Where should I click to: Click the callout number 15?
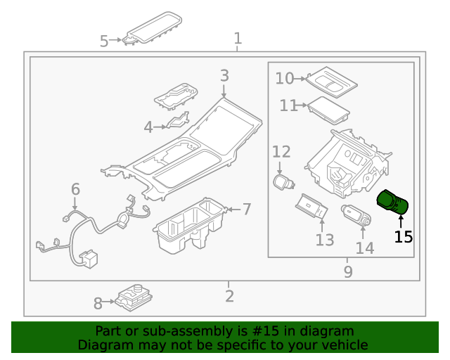pyautogui.click(x=404, y=237)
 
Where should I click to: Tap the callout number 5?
pyautogui.click(x=104, y=41)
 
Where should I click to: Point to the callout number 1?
pyautogui.click(x=238, y=38)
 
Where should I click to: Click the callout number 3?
pyautogui.click(x=224, y=76)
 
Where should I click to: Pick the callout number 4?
pyautogui.click(x=148, y=127)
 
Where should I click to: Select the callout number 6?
pyautogui.click(x=75, y=189)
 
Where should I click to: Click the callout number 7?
pyautogui.click(x=247, y=209)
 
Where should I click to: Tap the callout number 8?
pyautogui.click(x=98, y=304)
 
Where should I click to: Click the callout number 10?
pyautogui.click(x=284, y=78)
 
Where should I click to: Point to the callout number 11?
pyautogui.click(x=288, y=106)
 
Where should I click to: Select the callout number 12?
pyautogui.click(x=281, y=151)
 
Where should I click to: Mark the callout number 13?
pyautogui.click(x=324, y=240)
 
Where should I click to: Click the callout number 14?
pyautogui.click(x=365, y=247)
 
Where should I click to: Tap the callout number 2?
pyautogui.click(x=229, y=296)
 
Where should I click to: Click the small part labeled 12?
pyautogui.click(x=283, y=182)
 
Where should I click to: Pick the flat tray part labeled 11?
pyautogui.click(x=327, y=109)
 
